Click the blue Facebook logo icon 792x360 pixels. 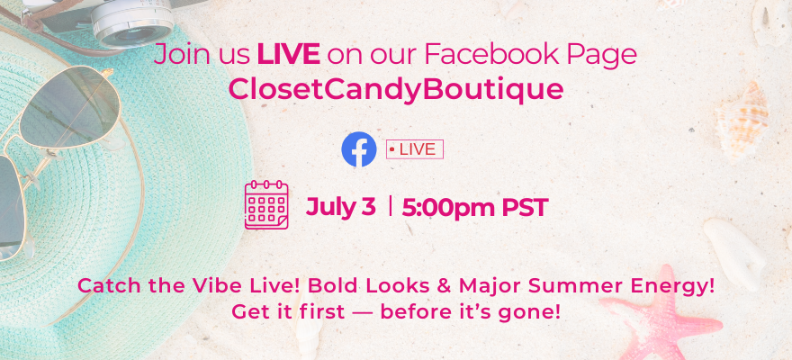358,149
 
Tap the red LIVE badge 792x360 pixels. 415,149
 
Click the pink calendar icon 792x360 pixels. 266,204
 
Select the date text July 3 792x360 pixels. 340,208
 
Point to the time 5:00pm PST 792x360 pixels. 475,208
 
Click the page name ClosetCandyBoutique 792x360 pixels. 395,90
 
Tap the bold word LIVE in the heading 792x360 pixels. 288,54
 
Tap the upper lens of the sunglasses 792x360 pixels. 71,106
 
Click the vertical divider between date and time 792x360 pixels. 390,206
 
